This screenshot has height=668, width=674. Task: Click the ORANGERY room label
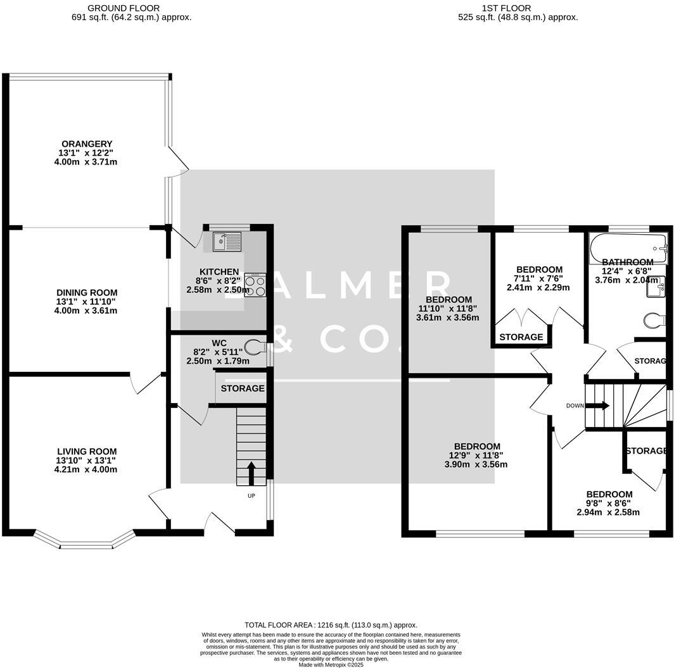point(87,144)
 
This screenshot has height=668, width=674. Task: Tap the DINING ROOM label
point(86,292)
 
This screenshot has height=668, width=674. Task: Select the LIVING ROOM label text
point(86,452)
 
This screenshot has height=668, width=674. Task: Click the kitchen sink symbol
point(227,240)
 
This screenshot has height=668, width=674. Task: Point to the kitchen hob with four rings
point(254,286)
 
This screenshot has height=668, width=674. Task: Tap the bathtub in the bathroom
point(628,247)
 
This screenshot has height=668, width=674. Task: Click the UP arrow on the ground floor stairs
point(251,473)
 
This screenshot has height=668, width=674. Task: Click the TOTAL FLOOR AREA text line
point(331,625)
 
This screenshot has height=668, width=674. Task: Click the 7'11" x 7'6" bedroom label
point(539,278)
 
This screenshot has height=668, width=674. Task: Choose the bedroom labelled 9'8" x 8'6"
point(608,504)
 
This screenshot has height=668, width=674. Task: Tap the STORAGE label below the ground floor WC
point(243,388)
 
